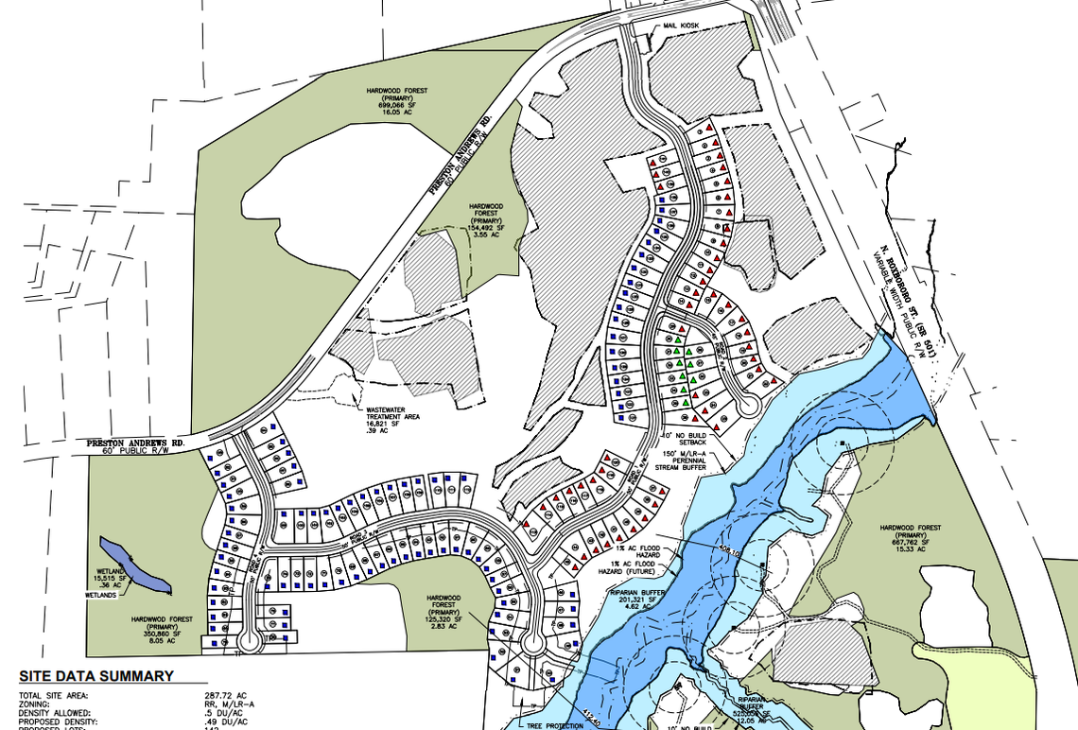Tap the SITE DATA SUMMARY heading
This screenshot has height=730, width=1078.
point(96,676)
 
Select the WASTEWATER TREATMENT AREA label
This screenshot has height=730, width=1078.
point(393,417)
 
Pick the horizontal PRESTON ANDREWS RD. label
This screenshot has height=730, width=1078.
point(134,442)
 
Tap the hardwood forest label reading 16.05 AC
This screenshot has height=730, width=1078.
point(397,100)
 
